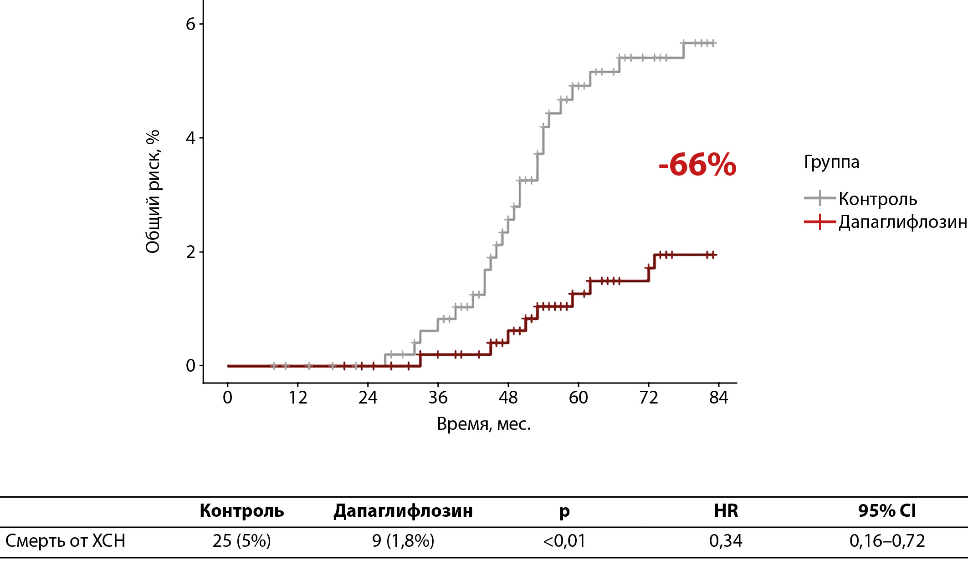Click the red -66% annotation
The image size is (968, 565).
(x=697, y=165)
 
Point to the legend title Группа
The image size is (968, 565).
(x=831, y=162)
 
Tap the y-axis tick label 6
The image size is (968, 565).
(x=190, y=24)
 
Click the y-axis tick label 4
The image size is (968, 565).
(x=190, y=138)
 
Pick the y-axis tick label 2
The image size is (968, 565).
(x=190, y=252)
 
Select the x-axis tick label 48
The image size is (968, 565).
(x=508, y=398)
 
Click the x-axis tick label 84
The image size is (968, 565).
(x=718, y=398)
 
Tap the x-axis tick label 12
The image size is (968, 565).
(x=297, y=398)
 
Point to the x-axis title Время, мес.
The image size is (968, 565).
(x=484, y=424)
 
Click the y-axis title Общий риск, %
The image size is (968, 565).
(x=153, y=191)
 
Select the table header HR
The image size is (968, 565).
(x=726, y=511)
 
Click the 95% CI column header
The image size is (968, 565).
(x=887, y=511)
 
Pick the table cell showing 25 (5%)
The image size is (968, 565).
(x=241, y=541)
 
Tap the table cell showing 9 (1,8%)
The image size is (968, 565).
(x=403, y=541)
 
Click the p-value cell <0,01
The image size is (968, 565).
(x=564, y=541)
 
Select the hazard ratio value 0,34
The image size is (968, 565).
(x=726, y=541)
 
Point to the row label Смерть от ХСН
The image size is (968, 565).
(x=65, y=541)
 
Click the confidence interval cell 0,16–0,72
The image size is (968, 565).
(x=887, y=541)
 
